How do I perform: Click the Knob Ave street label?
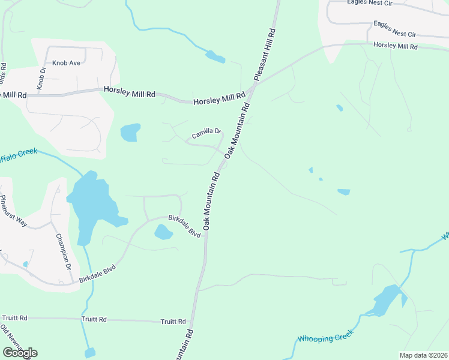tap(65, 62)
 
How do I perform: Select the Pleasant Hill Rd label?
tap(264, 54)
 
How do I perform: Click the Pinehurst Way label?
tap(13, 211)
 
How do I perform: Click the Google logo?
tap(20, 353)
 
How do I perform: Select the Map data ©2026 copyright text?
tap(423, 355)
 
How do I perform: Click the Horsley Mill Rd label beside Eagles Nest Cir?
tap(395, 46)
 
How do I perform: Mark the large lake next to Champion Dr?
tap(90, 207)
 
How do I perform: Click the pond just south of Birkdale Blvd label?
tap(163, 232)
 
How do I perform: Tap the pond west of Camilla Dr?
tap(130, 132)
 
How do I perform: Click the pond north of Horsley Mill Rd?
tap(215, 58)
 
